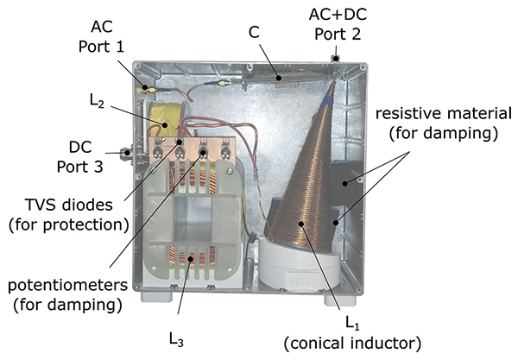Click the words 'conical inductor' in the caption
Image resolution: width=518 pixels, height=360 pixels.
tap(353, 343)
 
